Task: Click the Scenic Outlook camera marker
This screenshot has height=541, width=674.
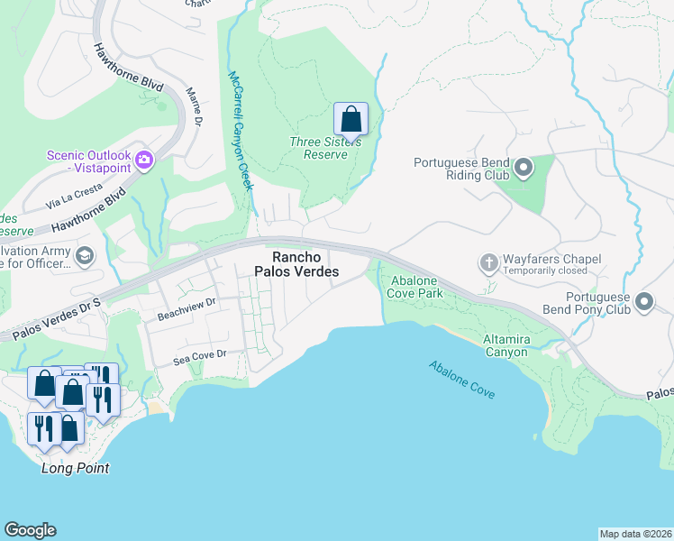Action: point(144,161)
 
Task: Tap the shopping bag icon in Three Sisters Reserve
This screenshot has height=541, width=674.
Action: point(351,119)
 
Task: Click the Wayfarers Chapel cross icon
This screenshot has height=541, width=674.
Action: point(488,263)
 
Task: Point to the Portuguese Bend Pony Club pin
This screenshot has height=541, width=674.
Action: point(644,302)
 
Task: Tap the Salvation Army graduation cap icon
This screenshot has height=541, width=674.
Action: point(85,256)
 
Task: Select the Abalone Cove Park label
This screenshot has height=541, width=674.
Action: point(415,287)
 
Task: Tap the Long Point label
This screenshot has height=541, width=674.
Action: point(76,468)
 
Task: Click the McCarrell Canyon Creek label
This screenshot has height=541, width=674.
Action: point(239,131)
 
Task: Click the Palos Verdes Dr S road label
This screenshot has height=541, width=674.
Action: point(50,321)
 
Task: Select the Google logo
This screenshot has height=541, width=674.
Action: point(30,530)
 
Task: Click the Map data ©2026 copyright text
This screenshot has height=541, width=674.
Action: point(635,534)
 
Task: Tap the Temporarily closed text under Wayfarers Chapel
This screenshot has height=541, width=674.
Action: point(546,270)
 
